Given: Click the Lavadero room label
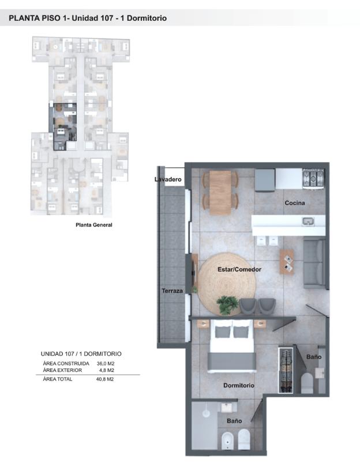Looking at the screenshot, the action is click(x=168, y=179).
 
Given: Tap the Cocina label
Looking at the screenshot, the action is click(x=295, y=203).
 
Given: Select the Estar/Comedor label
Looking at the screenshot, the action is click(x=239, y=269).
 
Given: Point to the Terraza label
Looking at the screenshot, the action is click(x=172, y=291).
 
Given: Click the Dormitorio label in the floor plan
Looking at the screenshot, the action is click(x=239, y=385).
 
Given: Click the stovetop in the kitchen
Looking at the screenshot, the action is click(x=313, y=178).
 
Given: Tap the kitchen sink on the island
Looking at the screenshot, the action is click(x=308, y=221).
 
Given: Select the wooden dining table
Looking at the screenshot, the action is click(x=220, y=193).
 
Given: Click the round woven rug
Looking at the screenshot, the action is click(x=227, y=284).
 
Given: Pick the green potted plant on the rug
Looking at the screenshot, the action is click(x=227, y=304).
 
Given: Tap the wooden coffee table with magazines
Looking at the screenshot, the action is click(x=287, y=262).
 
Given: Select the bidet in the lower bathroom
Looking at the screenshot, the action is click(x=227, y=441).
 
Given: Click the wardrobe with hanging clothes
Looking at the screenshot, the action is click(x=286, y=370).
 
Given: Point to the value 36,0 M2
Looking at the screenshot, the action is click(x=106, y=363).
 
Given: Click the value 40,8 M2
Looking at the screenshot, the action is click(x=105, y=379).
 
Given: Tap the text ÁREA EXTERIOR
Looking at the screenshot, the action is click(x=62, y=370).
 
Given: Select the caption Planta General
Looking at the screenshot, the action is click(x=94, y=225).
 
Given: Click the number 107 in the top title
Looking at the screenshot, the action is click(x=107, y=18).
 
